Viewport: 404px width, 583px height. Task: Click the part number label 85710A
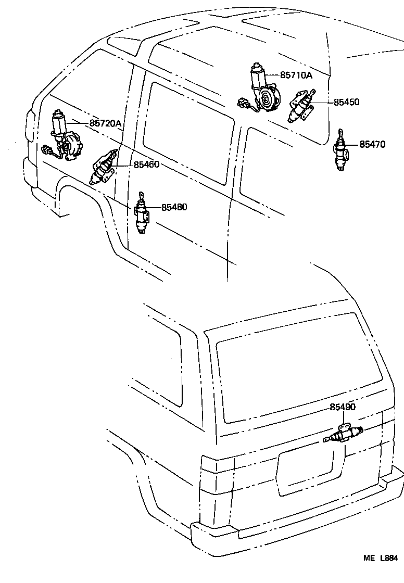pos(296,75)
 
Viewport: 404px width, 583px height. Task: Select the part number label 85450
pos(346,102)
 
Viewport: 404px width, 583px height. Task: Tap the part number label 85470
pos(372,144)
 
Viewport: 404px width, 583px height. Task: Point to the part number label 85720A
pos(105,123)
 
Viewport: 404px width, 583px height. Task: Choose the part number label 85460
pos(146,164)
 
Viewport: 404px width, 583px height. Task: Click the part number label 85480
pos(174,207)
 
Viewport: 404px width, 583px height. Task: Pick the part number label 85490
pos(342,407)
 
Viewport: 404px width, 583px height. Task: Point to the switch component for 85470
pos(342,151)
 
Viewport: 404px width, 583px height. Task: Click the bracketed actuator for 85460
pos(104,168)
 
